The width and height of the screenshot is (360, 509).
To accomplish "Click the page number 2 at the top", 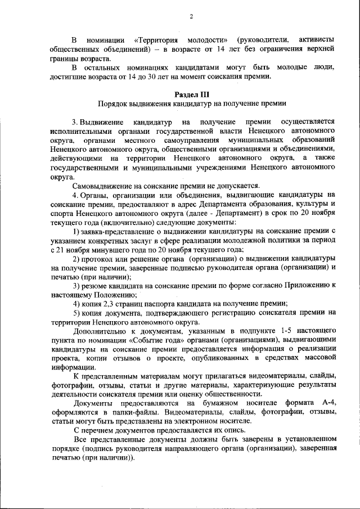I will click(x=191, y=16).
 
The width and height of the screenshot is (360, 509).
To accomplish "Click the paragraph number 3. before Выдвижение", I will click(x=75, y=121).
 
